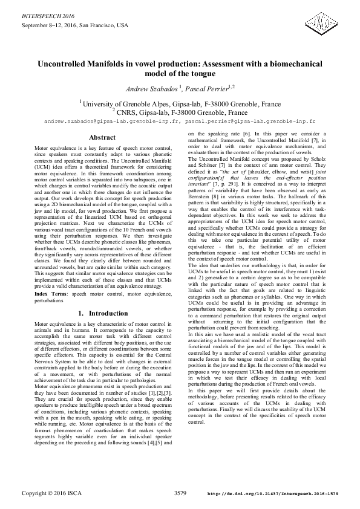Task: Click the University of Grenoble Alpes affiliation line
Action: (x=180, y=103)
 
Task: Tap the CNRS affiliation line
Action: (x=180, y=112)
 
